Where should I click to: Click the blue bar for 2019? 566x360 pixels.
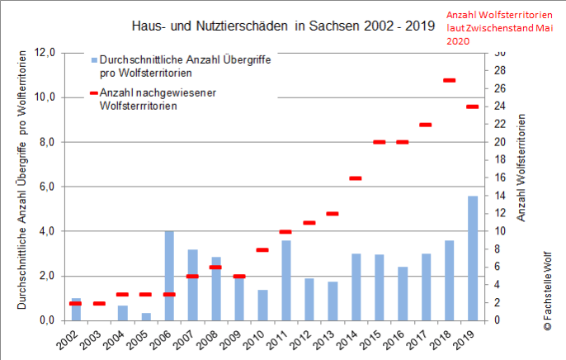tap(473, 258)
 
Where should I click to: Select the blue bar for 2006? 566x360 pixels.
tap(168, 276)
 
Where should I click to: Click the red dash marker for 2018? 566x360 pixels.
tap(450, 80)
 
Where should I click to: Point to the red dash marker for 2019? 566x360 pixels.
tap(473, 107)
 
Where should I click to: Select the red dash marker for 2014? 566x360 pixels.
tap(356, 178)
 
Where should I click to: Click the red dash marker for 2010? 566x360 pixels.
tap(262, 249)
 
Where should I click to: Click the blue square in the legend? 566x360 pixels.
tap(94, 60)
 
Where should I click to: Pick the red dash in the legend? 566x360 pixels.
tap(93, 92)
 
